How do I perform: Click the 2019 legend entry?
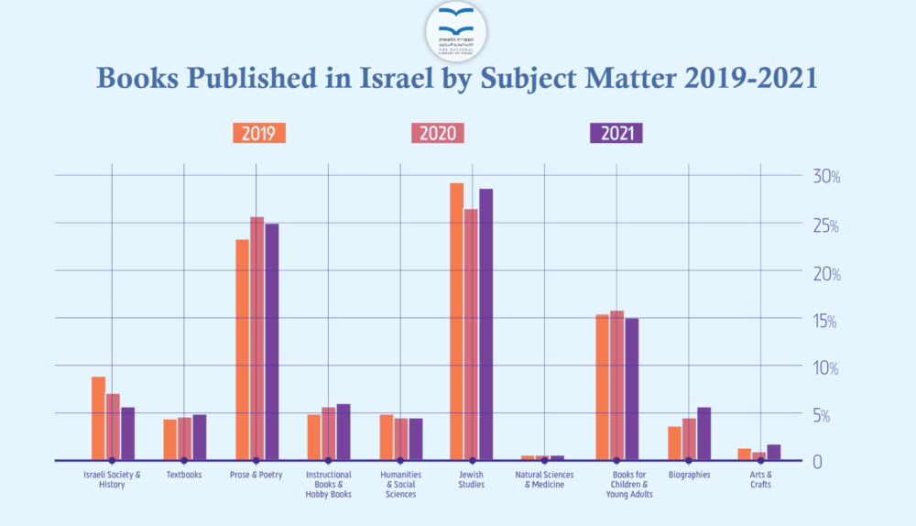pos(259,133)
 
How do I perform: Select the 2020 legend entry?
pos(438,133)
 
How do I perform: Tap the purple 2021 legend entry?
pos(616,133)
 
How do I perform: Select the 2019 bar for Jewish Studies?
pos(456,321)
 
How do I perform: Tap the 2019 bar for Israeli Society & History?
pos(98,418)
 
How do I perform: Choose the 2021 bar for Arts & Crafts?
pos(773,452)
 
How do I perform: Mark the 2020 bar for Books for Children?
pos(616,385)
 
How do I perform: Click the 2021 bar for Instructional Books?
pos(343,432)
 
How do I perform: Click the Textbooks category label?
pos(184,476)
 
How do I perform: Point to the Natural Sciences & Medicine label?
pos(544,479)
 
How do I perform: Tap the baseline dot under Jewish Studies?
pos(473,460)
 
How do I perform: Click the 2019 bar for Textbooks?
pos(169,439)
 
